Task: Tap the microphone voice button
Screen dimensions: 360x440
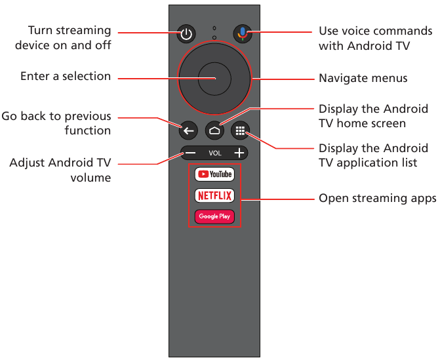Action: (243, 35)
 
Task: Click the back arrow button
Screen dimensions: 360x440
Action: (188, 130)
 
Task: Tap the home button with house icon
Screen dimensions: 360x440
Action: (214, 130)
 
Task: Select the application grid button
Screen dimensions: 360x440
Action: (241, 130)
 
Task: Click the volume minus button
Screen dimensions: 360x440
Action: (189, 153)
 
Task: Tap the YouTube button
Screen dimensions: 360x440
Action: (214, 174)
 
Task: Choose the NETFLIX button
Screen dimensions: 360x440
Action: (214, 195)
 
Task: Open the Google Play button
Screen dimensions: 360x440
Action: (214, 216)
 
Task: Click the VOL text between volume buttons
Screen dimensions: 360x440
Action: (215, 153)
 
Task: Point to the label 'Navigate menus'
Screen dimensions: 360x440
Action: (363, 79)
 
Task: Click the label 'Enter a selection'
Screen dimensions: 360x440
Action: (66, 77)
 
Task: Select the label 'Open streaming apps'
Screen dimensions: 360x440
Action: (377, 199)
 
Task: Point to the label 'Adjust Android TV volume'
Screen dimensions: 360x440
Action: (60, 170)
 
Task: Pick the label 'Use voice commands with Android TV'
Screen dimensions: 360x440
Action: (375, 38)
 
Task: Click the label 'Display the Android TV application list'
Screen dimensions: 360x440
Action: (373, 155)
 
